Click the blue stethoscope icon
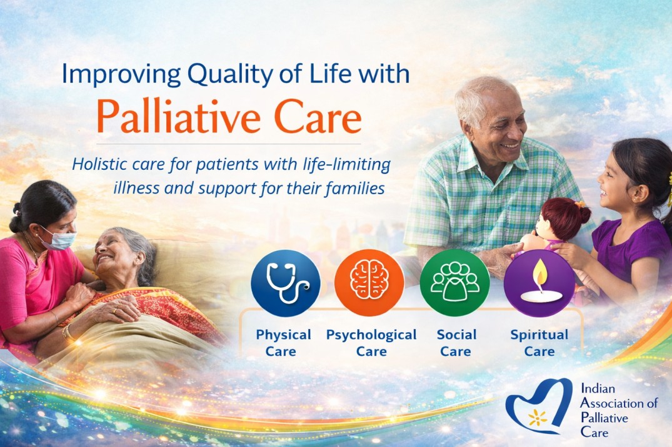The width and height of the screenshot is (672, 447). pyautogui.click(x=286, y=283)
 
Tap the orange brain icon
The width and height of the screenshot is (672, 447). pyautogui.click(x=369, y=283)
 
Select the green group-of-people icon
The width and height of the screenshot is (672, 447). pyautogui.click(x=454, y=283)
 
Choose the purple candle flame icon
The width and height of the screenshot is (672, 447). pyautogui.click(x=539, y=283)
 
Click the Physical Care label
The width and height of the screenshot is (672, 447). pyautogui.click(x=283, y=343)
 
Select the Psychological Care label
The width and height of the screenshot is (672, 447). pyautogui.click(x=371, y=343)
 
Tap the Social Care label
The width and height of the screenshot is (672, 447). pyautogui.click(x=456, y=343)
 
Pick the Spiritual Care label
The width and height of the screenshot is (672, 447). pyautogui.click(x=539, y=343)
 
